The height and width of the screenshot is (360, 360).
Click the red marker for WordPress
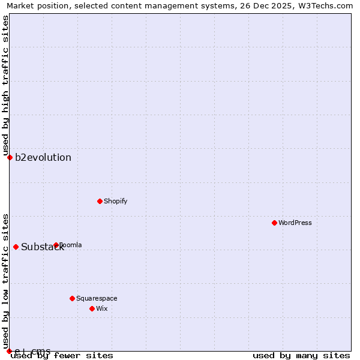tap(274, 223)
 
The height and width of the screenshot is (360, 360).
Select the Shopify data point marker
tap(100, 201)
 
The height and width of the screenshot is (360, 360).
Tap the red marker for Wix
tap(92, 308)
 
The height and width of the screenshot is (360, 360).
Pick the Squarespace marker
tap(72, 298)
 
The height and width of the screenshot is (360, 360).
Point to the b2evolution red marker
tap(10, 157)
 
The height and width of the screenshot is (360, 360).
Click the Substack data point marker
tap(16, 247)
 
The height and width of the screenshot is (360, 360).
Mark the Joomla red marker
tap(56, 245)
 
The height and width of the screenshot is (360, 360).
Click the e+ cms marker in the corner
tap(9, 351)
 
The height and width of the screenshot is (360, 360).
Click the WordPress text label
tap(295, 223)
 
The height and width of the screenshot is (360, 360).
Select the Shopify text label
tap(116, 201)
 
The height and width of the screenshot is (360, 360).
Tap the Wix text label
tap(102, 308)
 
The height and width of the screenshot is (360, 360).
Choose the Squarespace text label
tap(97, 298)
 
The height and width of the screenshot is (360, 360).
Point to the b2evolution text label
tap(43, 158)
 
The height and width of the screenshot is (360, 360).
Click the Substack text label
tap(42, 247)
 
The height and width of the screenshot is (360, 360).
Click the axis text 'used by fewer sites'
tap(62, 356)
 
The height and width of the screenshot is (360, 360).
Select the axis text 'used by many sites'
tap(301, 356)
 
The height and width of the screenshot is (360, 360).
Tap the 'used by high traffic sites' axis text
tap(5, 85)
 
